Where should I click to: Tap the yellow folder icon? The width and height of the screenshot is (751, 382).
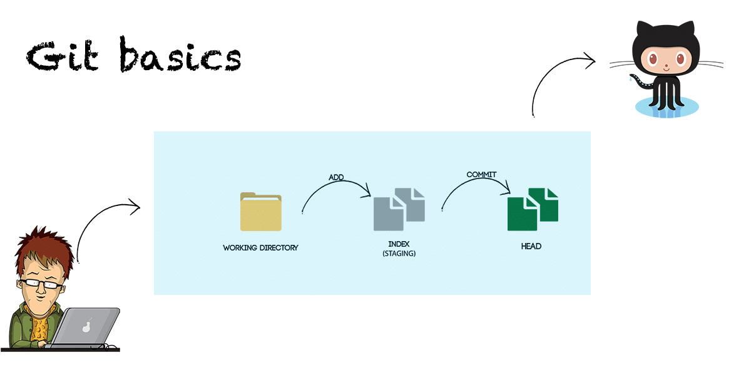(260, 212)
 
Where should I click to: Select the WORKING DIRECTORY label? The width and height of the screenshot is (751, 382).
(260, 248)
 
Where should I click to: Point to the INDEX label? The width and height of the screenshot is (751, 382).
(399, 244)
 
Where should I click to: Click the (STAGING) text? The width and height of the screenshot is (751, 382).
(399, 254)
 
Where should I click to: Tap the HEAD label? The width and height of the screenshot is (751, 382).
(531, 247)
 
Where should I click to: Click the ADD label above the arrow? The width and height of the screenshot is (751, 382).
(337, 177)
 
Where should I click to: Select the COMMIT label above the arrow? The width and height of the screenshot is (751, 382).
(481, 174)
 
